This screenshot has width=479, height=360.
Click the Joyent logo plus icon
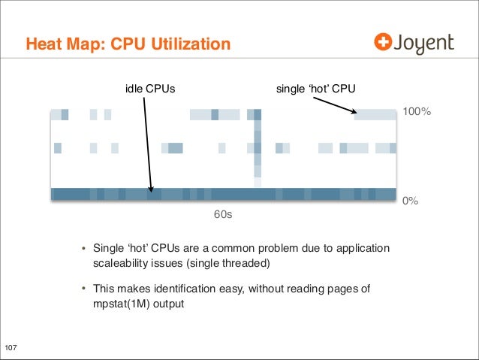(384, 43)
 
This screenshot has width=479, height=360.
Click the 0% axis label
(410, 201)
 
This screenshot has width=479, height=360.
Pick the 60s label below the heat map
(223, 215)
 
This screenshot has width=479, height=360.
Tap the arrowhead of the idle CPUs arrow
(152, 191)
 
